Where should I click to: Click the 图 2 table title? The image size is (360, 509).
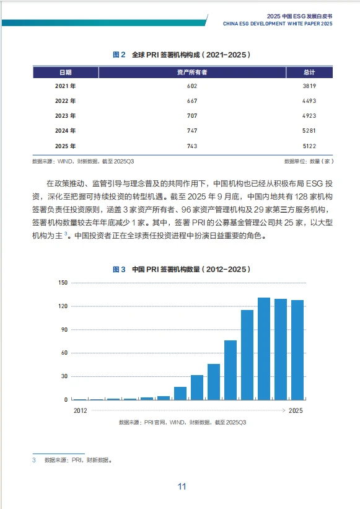tap(182, 55)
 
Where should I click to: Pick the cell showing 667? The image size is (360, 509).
tap(191, 101)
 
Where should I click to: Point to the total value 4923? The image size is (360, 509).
tap(309, 116)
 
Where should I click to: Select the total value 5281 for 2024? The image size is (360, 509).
tap(309, 131)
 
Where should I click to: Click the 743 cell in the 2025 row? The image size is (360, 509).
tap(191, 146)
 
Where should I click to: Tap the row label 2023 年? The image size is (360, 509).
tap(65, 116)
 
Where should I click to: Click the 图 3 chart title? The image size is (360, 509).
tap(182, 270)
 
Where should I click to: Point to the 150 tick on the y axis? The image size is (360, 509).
tap(62, 283)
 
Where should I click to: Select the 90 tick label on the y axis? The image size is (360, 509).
tap(63, 330)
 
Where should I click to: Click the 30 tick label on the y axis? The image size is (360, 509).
tap(63, 376)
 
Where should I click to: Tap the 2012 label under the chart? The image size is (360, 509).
tap(81, 410)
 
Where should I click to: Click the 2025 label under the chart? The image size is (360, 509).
tap(296, 410)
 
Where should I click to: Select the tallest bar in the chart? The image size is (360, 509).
tap(264, 348)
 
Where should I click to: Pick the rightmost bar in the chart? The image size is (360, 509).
tap(297, 350)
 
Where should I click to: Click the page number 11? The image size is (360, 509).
tap(182, 486)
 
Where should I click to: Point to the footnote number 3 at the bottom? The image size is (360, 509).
tap(34, 461)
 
